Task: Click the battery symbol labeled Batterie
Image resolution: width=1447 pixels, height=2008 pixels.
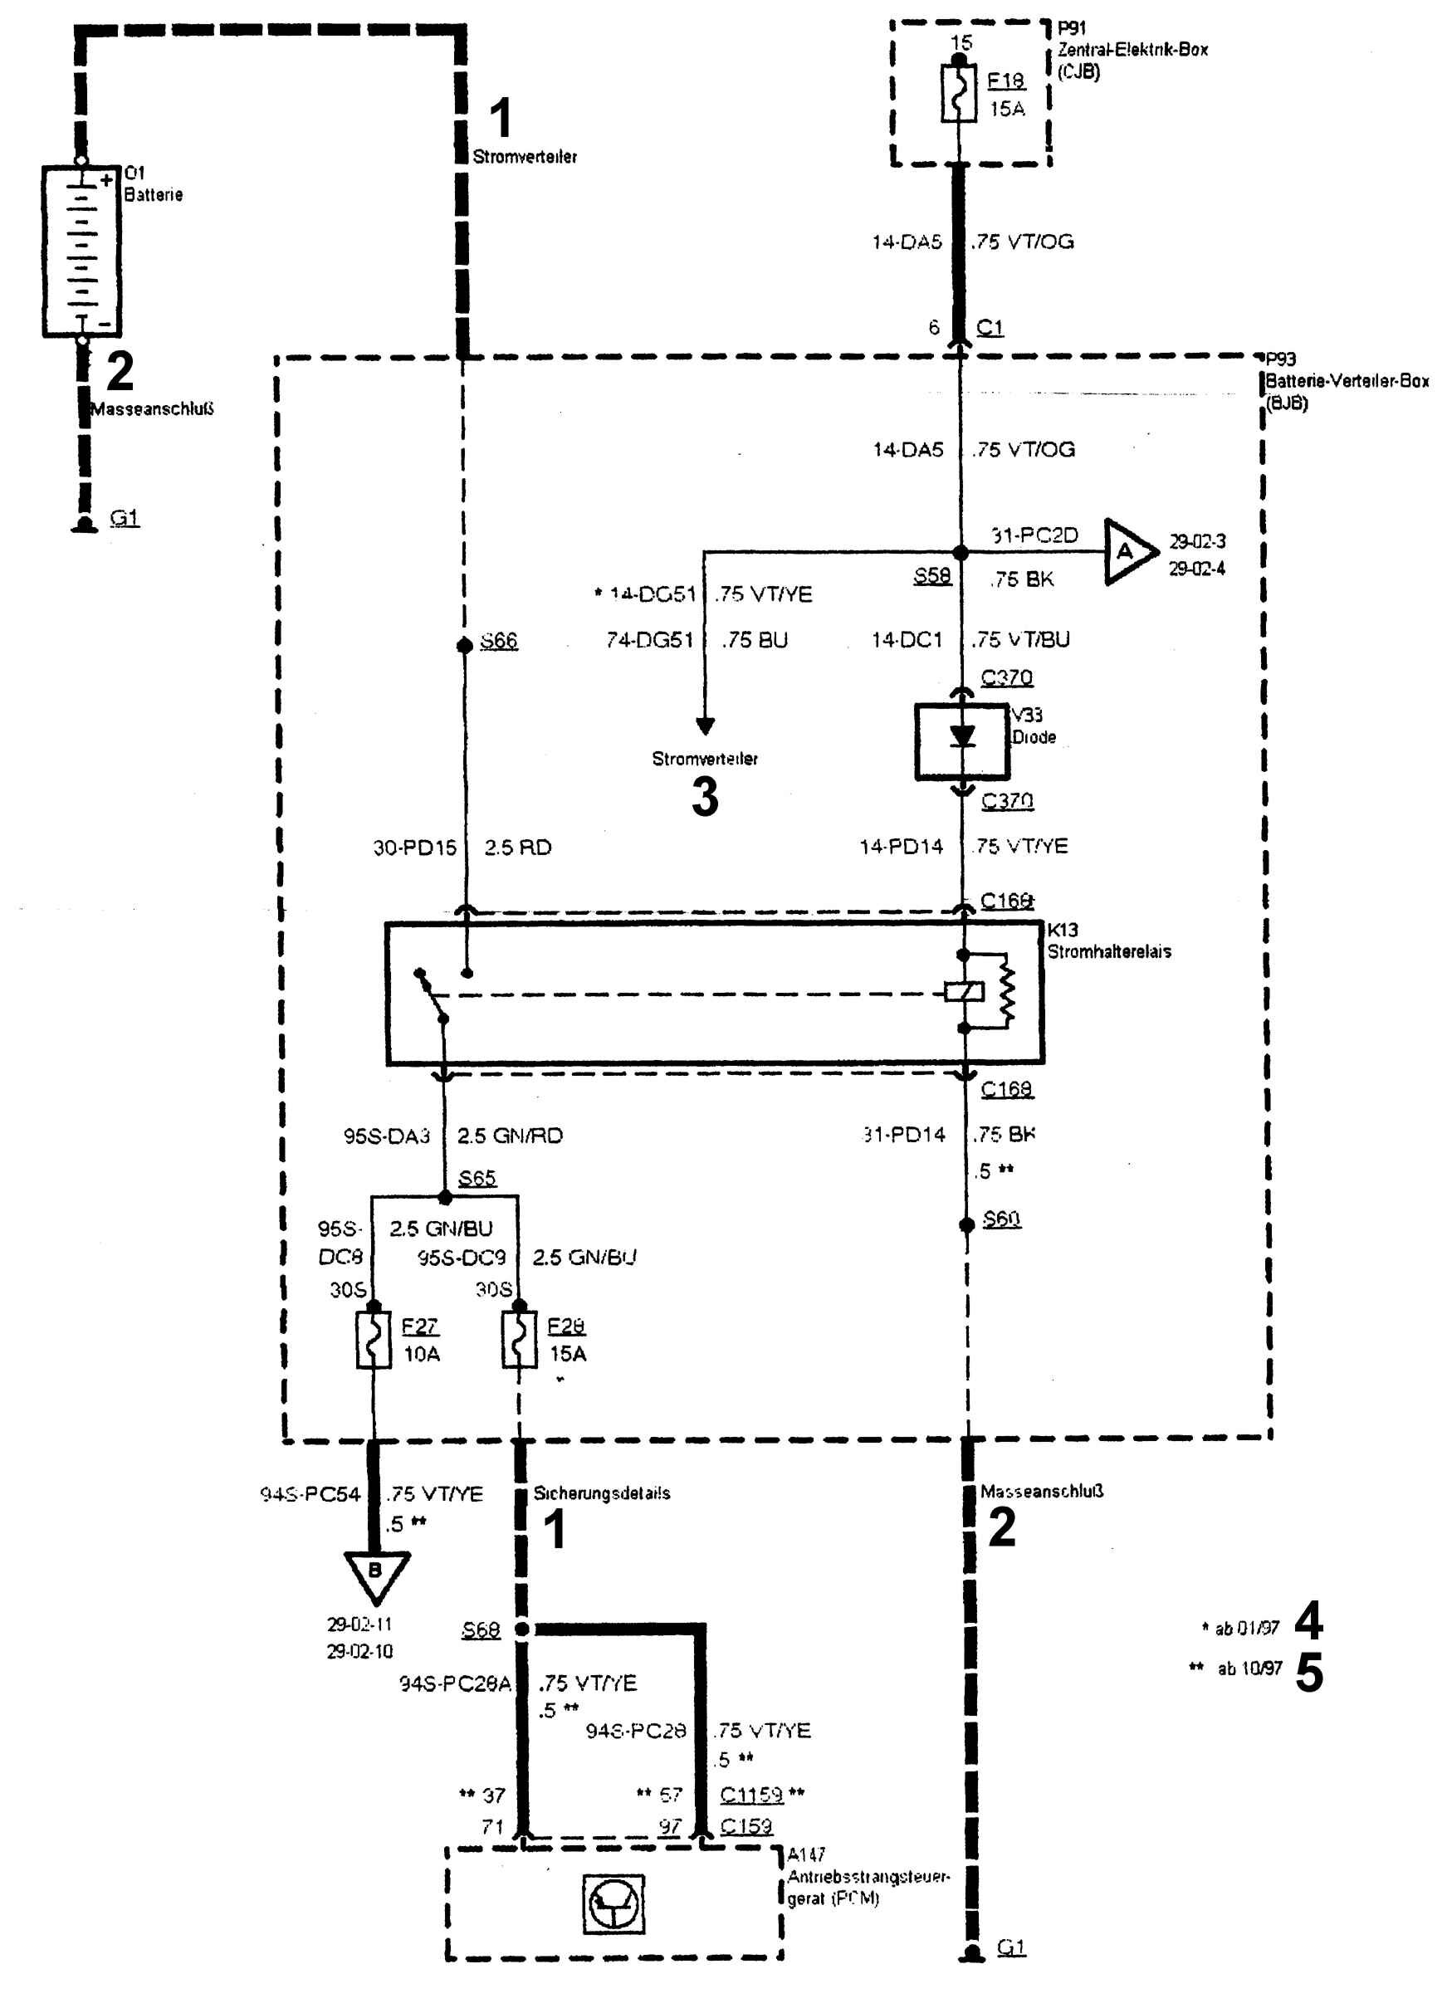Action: click(81, 251)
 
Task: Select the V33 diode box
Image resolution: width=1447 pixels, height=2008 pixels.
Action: click(961, 741)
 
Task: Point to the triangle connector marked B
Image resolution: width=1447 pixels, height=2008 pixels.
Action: click(375, 1572)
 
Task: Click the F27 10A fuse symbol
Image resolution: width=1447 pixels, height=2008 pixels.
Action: click(373, 1341)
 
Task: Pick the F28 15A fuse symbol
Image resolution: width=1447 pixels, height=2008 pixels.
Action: click(519, 1341)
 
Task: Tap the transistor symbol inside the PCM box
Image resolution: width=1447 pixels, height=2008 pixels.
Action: click(613, 1903)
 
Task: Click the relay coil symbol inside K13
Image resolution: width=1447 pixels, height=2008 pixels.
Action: click(965, 992)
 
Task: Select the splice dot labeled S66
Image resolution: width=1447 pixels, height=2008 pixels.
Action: click(463, 646)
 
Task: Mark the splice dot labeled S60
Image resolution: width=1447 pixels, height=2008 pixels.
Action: click(967, 1224)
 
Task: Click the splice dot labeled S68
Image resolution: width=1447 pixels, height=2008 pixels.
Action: click(522, 1629)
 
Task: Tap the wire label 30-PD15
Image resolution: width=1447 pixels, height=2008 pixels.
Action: click(414, 848)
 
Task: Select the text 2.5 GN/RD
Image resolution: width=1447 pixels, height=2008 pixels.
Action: click(509, 1136)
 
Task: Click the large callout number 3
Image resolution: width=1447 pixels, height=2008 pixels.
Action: click(705, 796)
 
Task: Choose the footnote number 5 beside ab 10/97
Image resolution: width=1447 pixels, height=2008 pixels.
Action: click(1309, 1673)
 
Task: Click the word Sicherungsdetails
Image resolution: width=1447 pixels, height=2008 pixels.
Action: click(601, 1493)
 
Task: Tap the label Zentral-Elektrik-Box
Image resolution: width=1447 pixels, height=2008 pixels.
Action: click(1132, 51)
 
